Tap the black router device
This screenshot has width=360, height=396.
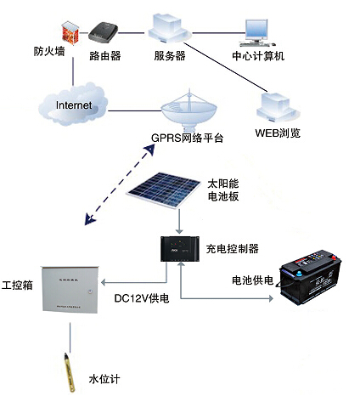tap(105, 32)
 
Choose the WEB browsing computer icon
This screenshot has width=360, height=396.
tap(277, 106)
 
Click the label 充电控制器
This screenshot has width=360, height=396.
tap(232, 248)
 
